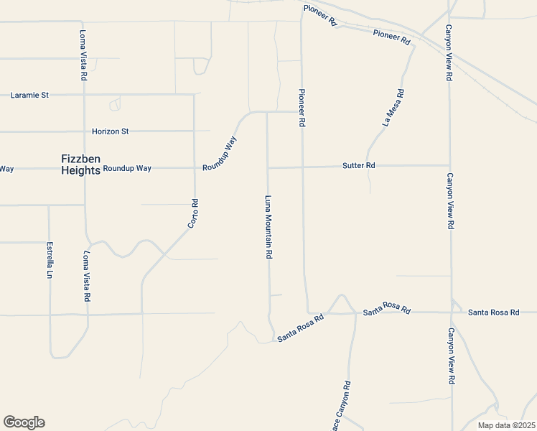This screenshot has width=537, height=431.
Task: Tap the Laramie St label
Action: (29, 94)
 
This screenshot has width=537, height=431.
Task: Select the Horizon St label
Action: (110, 131)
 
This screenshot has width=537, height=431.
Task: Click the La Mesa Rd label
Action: (394, 108)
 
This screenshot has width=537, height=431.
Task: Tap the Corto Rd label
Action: (192, 214)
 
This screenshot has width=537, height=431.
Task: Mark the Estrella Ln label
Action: (50, 260)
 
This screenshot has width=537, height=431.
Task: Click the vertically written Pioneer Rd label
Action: (302, 108)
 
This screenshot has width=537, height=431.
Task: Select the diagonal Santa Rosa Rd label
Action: (301, 327)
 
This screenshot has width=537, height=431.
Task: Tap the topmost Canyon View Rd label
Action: (449, 52)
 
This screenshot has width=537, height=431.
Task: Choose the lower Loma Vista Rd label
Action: (86, 275)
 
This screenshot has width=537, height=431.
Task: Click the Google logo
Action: (24, 422)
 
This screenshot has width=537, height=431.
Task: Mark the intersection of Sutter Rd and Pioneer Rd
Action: (302, 167)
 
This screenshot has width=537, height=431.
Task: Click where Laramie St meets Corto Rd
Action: (194, 94)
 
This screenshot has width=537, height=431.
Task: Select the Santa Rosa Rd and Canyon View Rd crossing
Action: (451, 312)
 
